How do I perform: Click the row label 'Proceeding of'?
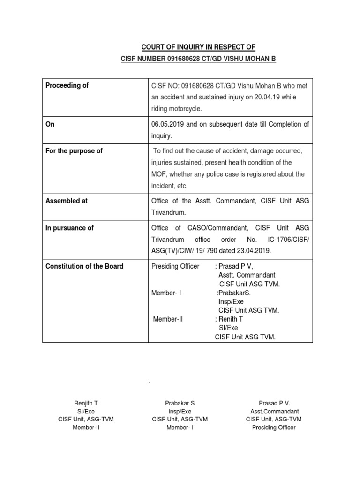(x=67, y=86)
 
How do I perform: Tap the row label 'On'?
(x=50, y=124)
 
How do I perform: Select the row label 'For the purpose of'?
(x=74, y=151)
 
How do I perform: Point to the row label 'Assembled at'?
(x=67, y=201)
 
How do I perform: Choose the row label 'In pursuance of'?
(x=69, y=228)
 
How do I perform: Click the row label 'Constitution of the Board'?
(x=84, y=266)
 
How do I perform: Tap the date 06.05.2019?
(x=169, y=124)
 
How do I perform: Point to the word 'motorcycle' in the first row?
(x=186, y=109)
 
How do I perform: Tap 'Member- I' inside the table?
(x=166, y=293)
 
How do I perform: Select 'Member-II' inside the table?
(x=168, y=319)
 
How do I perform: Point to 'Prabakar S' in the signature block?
(x=180, y=403)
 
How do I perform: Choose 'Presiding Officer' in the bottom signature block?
(x=274, y=427)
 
